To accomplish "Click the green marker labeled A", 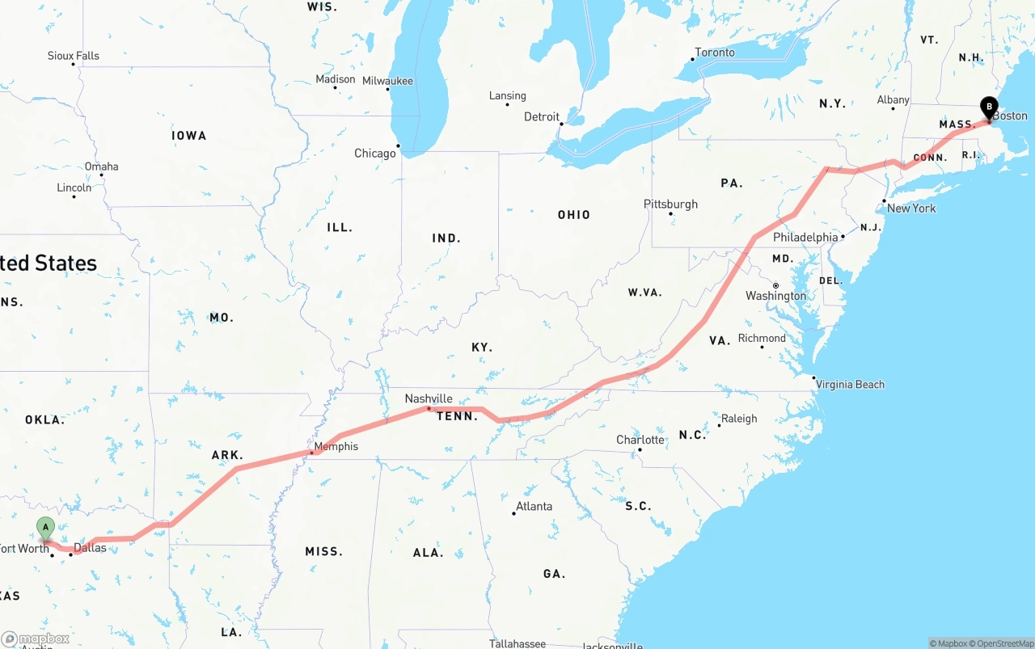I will coord(45,529).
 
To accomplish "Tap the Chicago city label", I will coord(375,154).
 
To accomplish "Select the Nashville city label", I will coord(429,398).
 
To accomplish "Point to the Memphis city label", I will coord(336,446).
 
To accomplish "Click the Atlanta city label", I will coord(534,506).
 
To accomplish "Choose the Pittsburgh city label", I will coord(670,204).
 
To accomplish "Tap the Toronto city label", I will coord(715,53).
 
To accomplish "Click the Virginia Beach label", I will coord(850,384).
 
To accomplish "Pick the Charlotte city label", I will coord(640,440).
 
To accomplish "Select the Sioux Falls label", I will coord(73,56).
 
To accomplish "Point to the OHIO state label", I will coord(573,215).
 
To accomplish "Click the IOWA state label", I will coord(188,136).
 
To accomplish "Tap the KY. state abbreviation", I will coord(482,348).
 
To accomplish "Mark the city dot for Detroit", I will coord(561,124).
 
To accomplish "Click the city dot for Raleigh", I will coord(719,425).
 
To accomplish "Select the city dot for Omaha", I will coord(101,175).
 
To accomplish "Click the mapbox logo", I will coord(36,638).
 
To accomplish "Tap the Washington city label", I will coord(775,296).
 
